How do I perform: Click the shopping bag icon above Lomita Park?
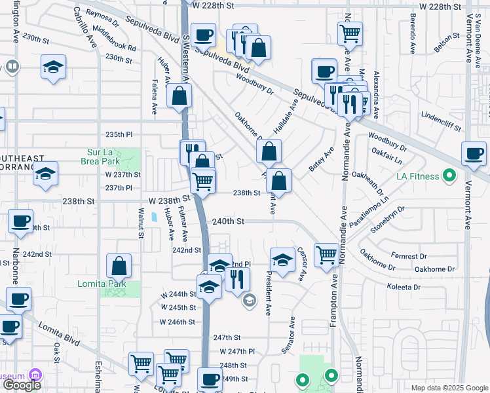tap(119, 267)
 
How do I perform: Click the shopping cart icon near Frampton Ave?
tap(326, 255)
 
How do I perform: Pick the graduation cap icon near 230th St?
tap(54, 67)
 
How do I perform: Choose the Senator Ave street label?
tap(288, 336)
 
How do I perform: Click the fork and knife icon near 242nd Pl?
tap(237, 279)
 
